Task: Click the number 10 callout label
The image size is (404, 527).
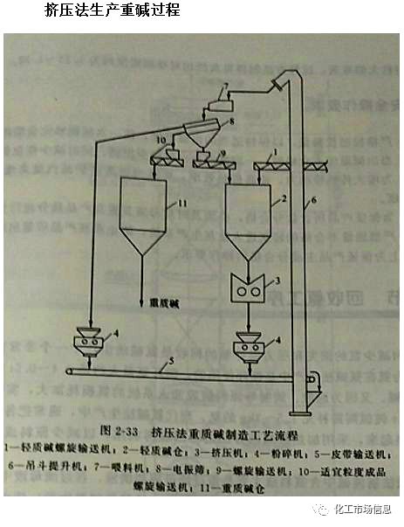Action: pyautogui.click(x=161, y=139)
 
